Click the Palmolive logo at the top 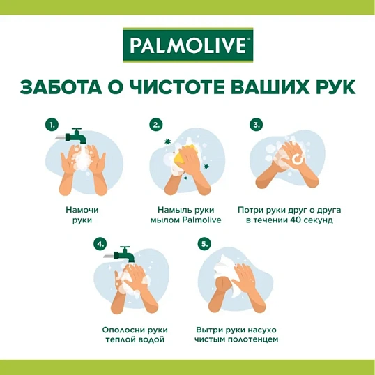[x=187, y=45]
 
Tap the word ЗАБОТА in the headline [x=61, y=88]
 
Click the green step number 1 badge [x=52, y=125]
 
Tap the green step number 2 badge [x=157, y=125]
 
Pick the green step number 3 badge [x=257, y=125]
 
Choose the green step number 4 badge [x=100, y=244]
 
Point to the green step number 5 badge [x=204, y=244]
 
